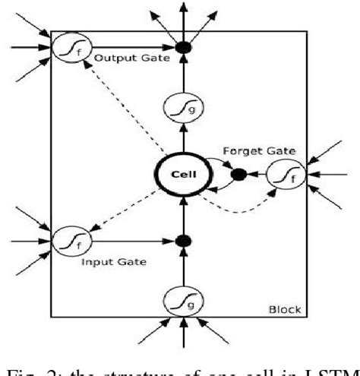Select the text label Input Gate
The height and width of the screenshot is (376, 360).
click(108, 262)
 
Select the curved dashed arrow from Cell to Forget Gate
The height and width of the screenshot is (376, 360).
click(235, 210)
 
